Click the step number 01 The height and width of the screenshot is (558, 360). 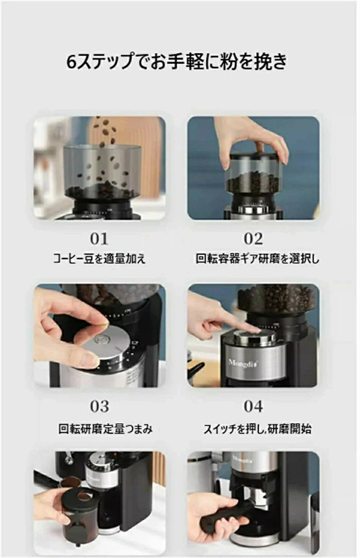(99, 239)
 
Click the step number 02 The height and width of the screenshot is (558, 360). (253, 239)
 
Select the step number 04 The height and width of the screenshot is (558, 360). (253, 406)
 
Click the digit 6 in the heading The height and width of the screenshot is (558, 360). (71, 62)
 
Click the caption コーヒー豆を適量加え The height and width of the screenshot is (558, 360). (99, 259)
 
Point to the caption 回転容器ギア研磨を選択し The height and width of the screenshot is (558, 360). (257, 259)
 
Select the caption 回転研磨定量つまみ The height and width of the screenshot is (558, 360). (105, 429)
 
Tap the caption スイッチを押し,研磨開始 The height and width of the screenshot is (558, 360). (257, 429)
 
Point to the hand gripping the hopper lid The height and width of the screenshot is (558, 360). (254, 144)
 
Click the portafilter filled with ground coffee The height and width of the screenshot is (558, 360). (70, 481)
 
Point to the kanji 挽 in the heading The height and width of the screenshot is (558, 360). (262, 62)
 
